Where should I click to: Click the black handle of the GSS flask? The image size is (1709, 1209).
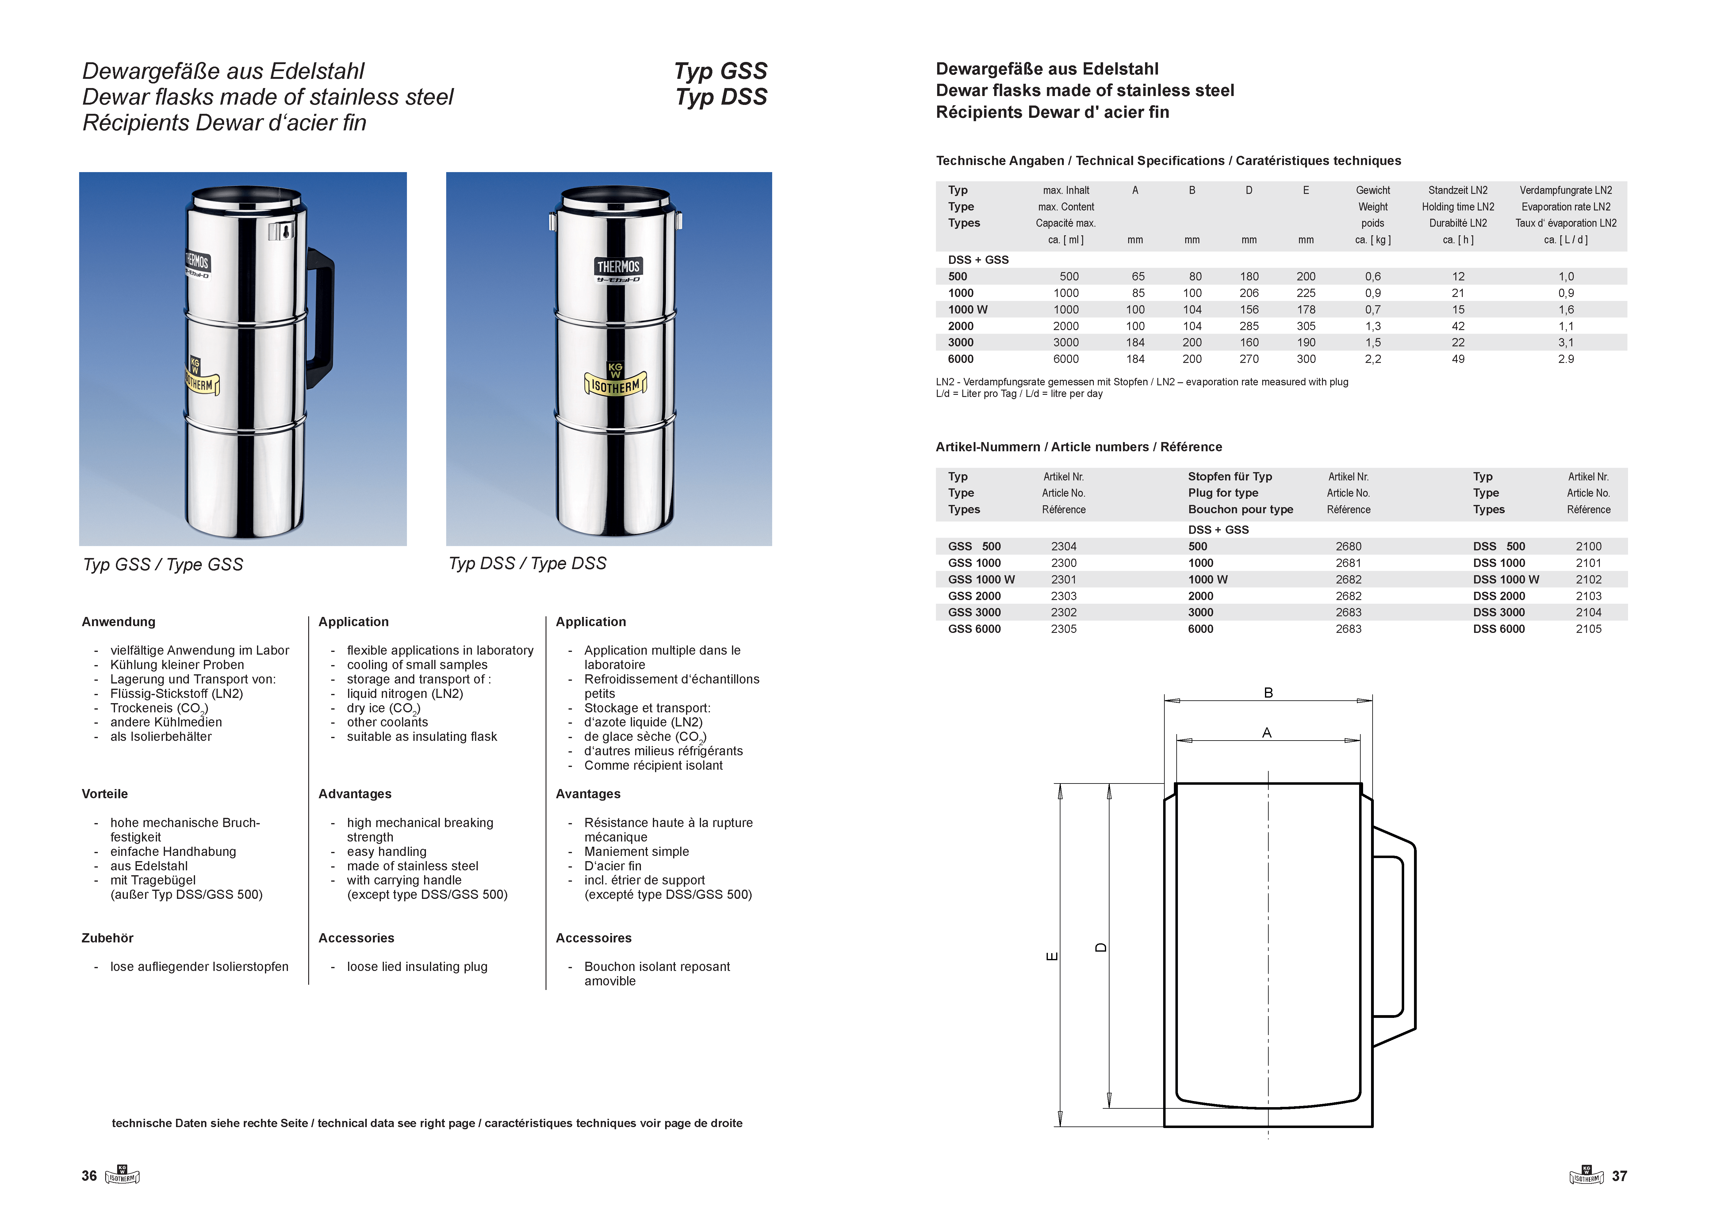point(322,313)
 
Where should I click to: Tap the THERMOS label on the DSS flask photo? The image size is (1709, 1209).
point(618,267)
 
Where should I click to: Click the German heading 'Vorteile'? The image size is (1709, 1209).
point(105,794)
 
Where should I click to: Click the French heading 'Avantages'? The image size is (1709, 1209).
point(588,794)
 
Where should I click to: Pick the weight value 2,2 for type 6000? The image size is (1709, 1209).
point(1373,359)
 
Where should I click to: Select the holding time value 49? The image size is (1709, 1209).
point(1458,359)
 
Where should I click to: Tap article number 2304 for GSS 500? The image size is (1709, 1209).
point(1064,546)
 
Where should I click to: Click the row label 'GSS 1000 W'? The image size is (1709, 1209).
point(981,579)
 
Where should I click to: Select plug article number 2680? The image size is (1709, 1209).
point(1348,546)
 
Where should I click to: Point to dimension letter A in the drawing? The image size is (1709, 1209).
point(1266,733)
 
